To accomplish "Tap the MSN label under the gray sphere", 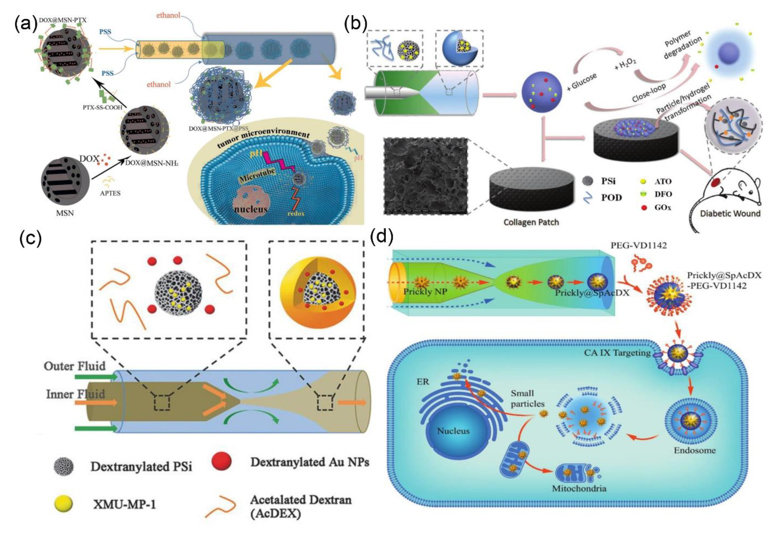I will coord(65,213).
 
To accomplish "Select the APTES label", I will coord(110,193).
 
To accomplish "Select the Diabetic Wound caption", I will coord(730,213).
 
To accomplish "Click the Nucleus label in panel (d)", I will coord(453,431).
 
